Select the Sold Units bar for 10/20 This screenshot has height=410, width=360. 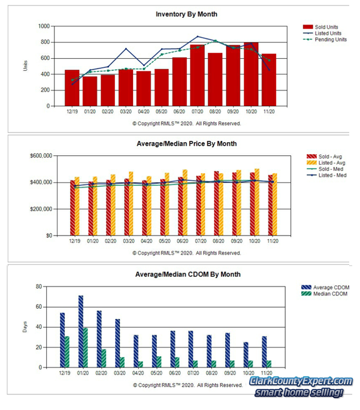(x=251, y=74)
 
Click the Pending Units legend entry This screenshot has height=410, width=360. (x=327, y=40)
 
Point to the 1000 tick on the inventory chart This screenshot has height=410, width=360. (x=44, y=26)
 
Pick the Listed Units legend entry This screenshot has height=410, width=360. (x=325, y=34)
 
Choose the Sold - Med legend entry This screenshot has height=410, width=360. (x=325, y=170)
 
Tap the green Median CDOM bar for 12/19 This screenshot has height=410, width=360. (x=67, y=351)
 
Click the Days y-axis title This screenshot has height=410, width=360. (x=25, y=327)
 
